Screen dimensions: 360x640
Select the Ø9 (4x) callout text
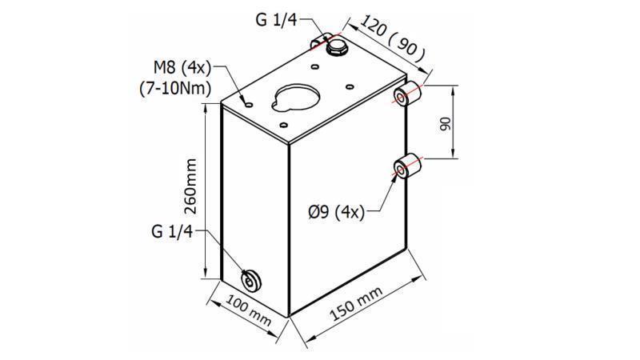coord(336,212)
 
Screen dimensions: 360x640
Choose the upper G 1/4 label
coord(277,20)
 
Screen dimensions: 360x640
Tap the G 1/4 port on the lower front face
coord(252,279)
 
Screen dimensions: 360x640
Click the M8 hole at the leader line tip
coord(248,105)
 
